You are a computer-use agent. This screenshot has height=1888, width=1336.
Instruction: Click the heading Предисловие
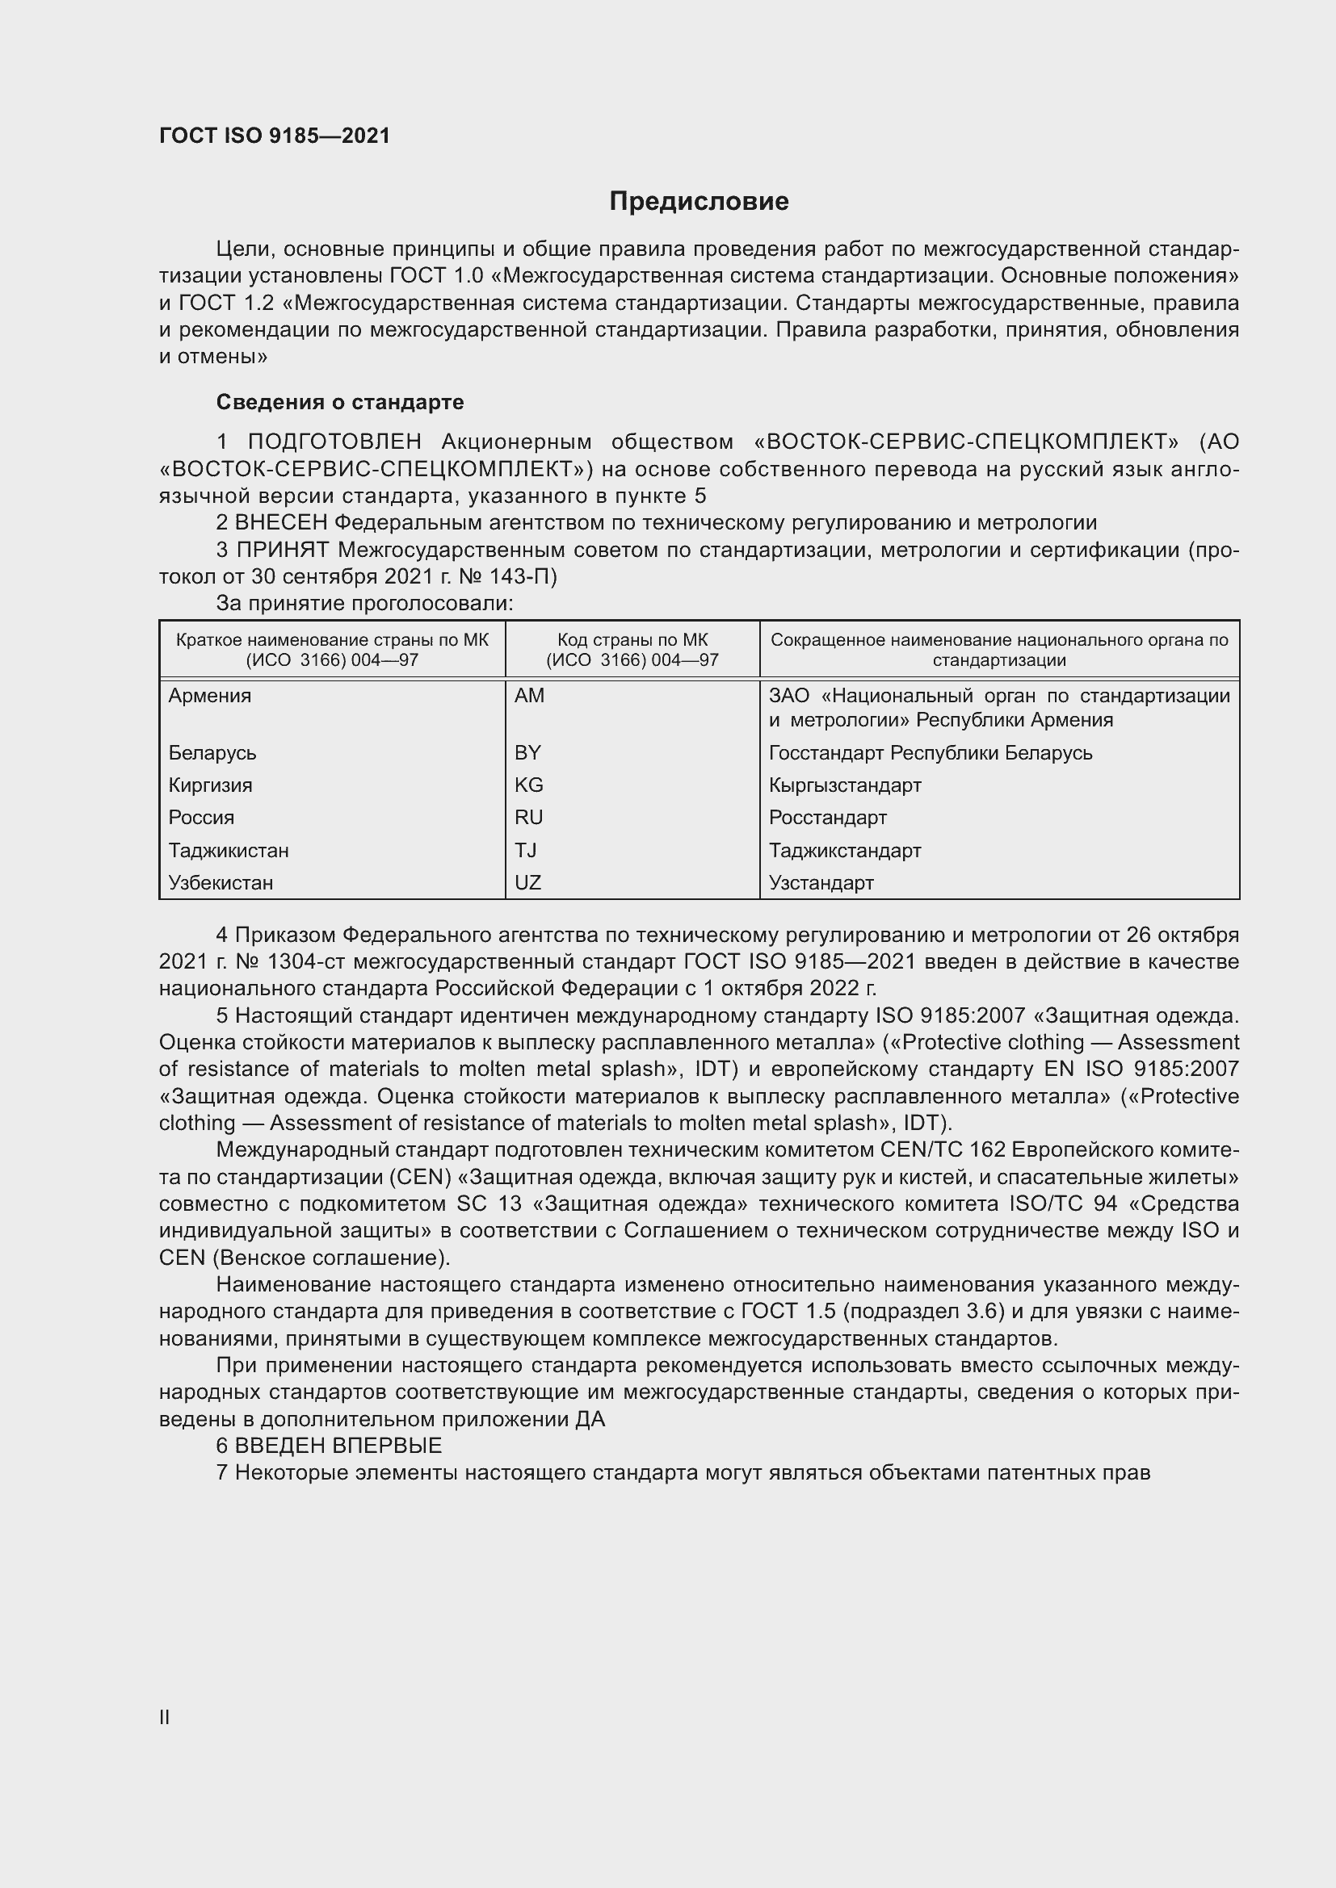[699, 202]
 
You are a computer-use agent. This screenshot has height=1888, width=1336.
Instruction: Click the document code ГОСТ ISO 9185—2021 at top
[274, 136]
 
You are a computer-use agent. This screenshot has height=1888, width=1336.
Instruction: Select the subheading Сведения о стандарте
[340, 402]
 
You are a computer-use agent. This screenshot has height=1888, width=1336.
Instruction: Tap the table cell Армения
[210, 696]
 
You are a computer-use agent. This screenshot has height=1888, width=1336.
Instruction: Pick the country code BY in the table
[527, 752]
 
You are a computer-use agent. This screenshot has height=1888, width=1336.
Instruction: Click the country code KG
[528, 785]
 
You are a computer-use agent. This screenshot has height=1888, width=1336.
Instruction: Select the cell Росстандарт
[828, 818]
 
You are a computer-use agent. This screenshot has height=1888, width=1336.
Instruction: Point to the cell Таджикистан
[229, 850]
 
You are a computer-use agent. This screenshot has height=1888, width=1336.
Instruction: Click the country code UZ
[527, 882]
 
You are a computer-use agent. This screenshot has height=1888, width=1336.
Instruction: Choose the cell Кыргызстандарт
[845, 785]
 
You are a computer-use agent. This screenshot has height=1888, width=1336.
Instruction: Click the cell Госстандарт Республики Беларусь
[931, 752]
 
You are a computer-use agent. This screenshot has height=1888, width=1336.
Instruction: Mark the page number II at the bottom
[165, 1717]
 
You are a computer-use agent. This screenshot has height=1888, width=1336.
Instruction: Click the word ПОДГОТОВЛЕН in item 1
[335, 442]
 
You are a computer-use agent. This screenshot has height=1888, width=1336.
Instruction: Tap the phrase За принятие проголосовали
[364, 604]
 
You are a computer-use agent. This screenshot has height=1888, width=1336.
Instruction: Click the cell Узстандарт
[821, 882]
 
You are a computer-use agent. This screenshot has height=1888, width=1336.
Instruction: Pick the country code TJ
[525, 850]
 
